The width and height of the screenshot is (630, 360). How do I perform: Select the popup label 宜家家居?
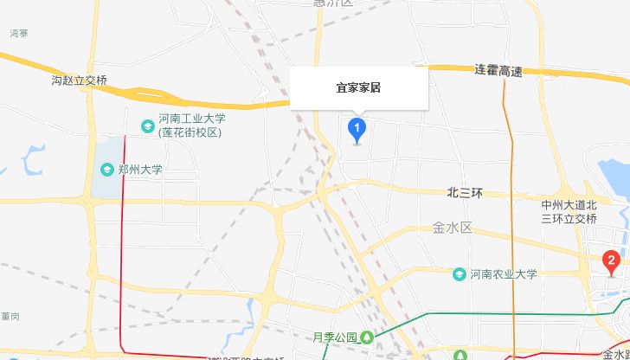click(359, 88)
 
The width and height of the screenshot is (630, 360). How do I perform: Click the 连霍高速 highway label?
click(498, 70)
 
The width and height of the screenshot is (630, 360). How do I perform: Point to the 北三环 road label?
click(465, 192)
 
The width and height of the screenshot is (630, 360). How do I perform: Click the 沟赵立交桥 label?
click(80, 80)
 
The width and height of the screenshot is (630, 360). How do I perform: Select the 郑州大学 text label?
click(140, 170)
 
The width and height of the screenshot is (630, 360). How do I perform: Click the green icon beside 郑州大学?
click(105, 170)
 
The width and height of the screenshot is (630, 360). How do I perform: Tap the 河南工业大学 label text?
click(192, 119)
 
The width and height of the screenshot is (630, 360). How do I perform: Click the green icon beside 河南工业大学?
click(145, 119)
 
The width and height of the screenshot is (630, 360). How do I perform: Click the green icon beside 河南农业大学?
click(460, 274)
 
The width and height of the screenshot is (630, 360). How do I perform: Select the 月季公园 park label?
click(336, 337)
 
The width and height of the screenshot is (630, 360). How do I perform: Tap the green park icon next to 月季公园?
click(368, 337)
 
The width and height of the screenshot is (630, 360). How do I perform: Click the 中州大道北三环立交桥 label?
click(569, 212)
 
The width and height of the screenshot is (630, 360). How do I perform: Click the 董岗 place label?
click(10, 317)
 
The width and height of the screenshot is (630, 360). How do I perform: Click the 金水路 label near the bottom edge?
click(615, 354)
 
